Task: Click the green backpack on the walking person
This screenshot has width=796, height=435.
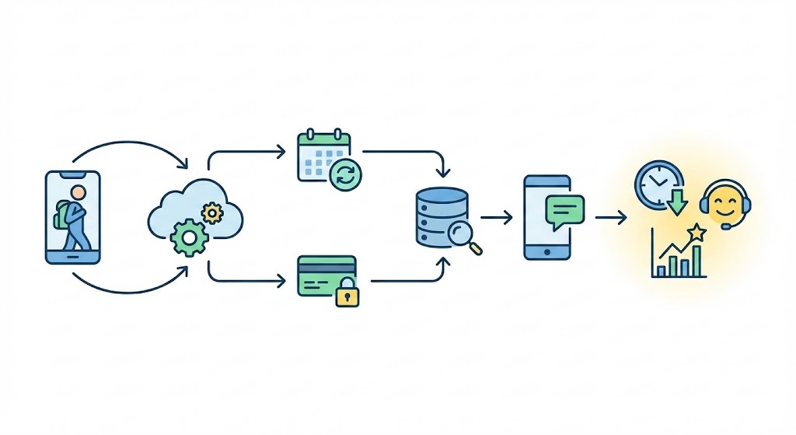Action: [62, 214]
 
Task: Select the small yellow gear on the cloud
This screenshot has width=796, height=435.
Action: [211, 212]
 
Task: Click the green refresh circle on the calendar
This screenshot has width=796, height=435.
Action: [345, 175]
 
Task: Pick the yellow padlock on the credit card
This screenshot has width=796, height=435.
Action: [347, 295]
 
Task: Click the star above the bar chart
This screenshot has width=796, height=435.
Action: [696, 231]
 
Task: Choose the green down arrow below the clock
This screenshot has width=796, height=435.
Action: [677, 204]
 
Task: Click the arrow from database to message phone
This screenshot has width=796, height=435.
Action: [497, 218]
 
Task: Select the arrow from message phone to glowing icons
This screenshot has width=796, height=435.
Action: [611, 218]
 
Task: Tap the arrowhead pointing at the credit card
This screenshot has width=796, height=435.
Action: [282, 280]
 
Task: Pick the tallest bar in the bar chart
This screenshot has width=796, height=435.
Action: [697, 261]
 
